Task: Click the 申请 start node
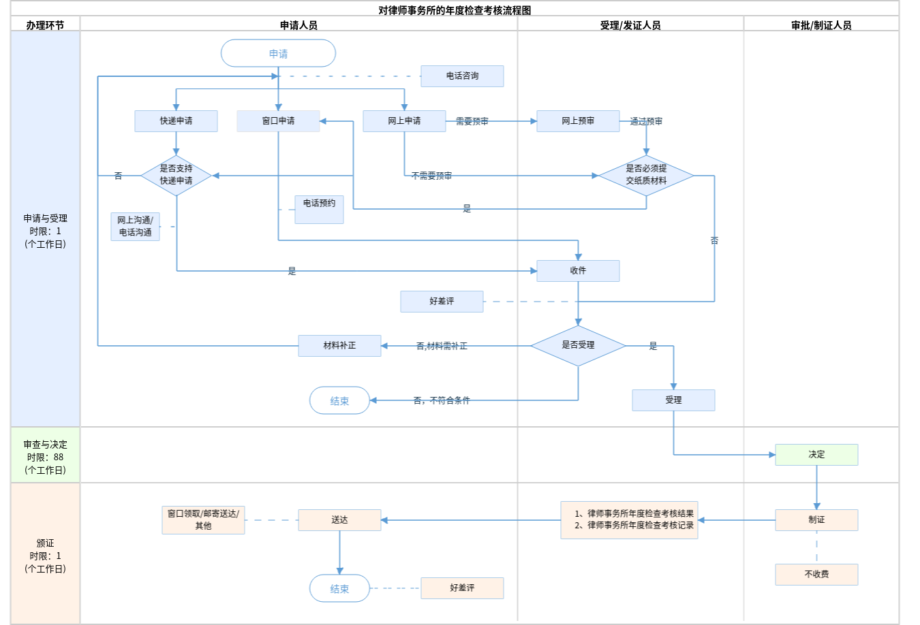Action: click(x=278, y=53)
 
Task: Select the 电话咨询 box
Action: click(x=462, y=76)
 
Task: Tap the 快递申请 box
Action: click(x=176, y=121)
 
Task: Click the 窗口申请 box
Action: click(x=278, y=121)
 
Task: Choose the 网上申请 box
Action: click(x=404, y=121)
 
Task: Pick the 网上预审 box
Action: click(x=578, y=121)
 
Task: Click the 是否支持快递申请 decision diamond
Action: click(x=176, y=175)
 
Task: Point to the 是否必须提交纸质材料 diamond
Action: click(x=646, y=175)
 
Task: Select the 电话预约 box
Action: click(x=319, y=209)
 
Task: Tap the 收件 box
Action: click(x=578, y=271)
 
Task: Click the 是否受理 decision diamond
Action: click(x=578, y=345)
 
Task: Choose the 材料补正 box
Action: click(x=339, y=346)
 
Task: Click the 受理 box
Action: click(x=673, y=400)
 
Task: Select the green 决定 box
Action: click(x=816, y=455)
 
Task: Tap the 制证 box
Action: click(x=816, y=520)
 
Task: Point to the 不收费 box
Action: click(x=816, y=575)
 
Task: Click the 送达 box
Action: click(x=339, y=520)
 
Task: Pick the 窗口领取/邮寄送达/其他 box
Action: click(x=203, y=520)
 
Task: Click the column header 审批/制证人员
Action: click(x=821, y=25)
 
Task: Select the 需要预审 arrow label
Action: click(x=472, y=121)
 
